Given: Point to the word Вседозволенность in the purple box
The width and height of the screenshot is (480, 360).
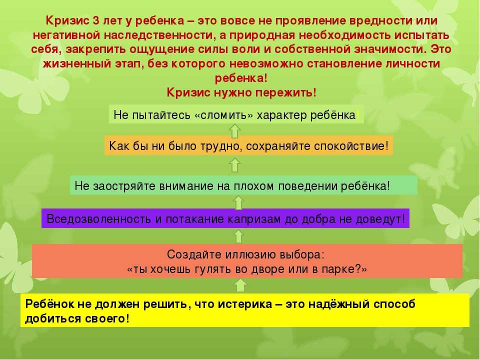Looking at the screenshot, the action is (x=98, y=219).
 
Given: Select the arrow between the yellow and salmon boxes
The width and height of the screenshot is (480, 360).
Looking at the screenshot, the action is (x=240, y=285).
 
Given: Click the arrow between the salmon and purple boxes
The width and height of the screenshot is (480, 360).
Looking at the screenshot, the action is (x=239, y=236).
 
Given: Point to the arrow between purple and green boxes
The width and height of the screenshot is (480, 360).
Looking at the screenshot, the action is (x=238, y=202).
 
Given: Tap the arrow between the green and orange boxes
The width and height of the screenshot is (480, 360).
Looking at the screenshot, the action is (x=235, y=165).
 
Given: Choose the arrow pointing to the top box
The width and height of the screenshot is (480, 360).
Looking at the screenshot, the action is (x=235, y=130).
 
